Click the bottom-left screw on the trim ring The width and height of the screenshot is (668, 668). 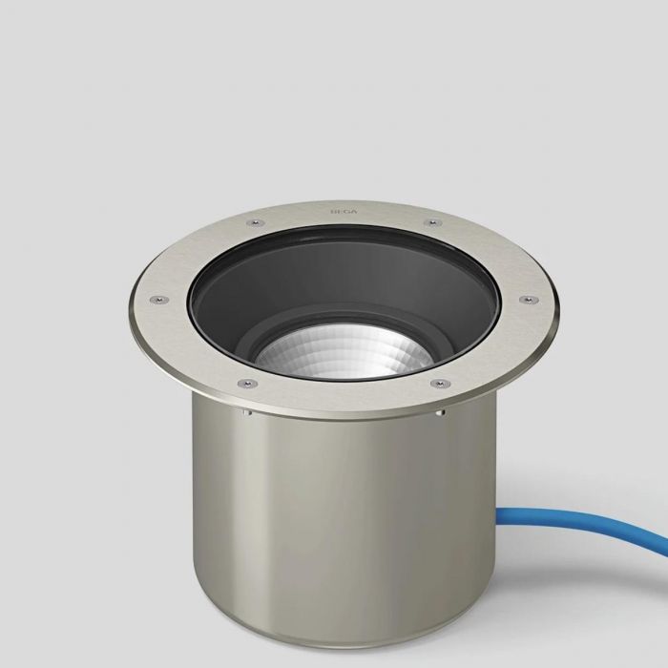pos(246,384)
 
